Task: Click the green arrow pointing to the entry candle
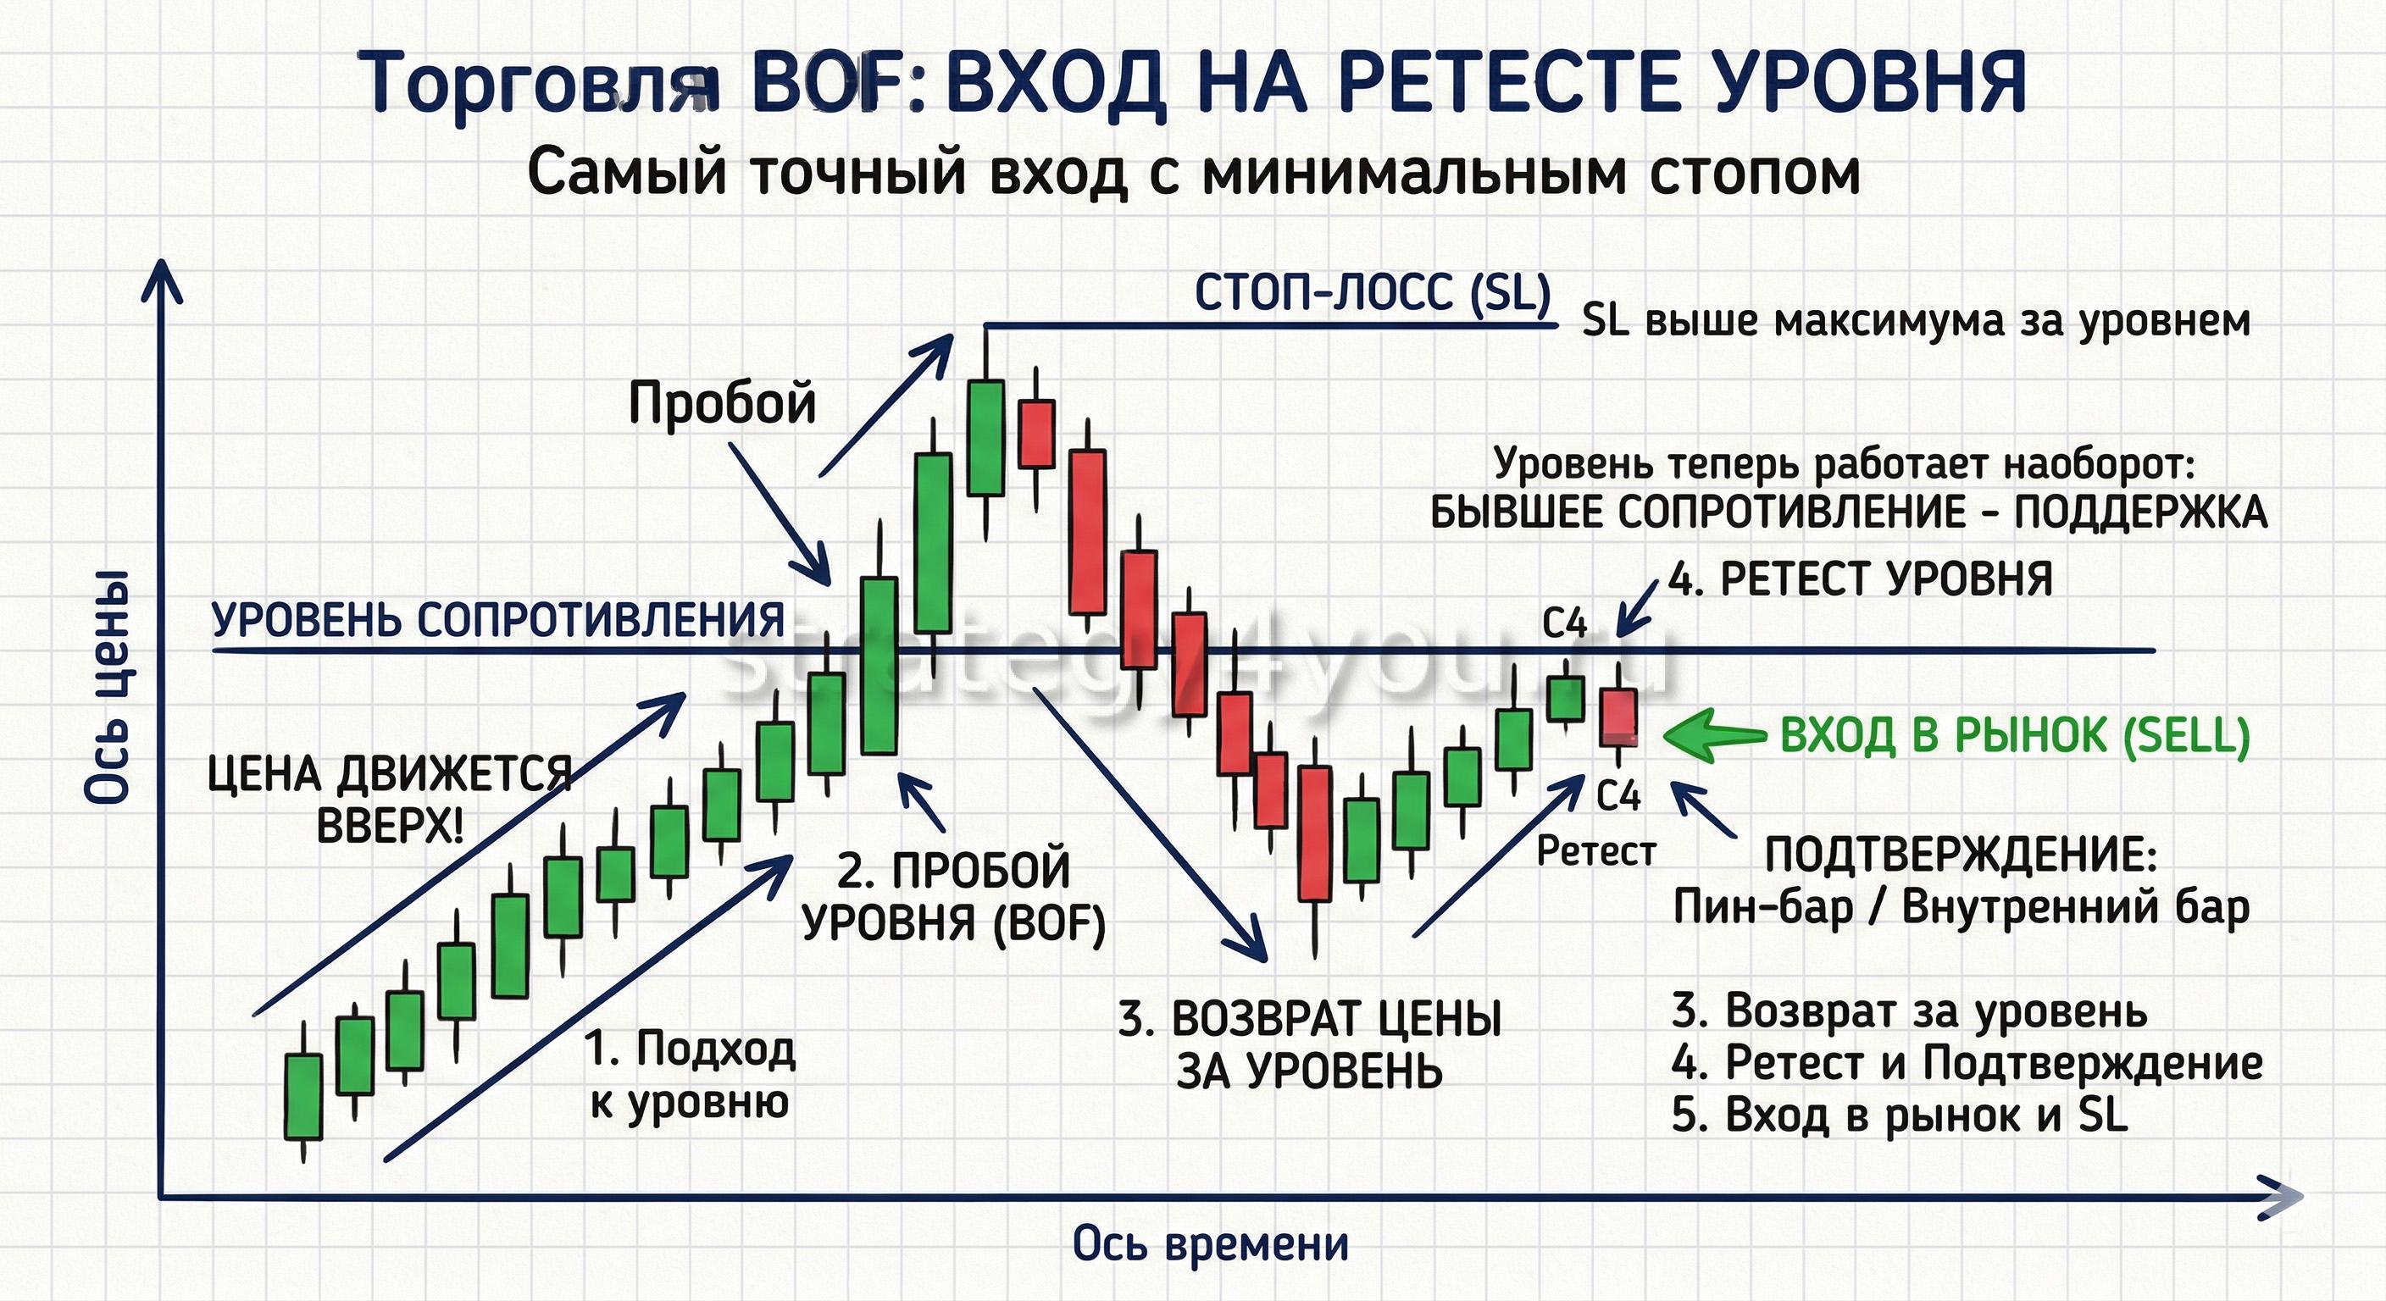1714,735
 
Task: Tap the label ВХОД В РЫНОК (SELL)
2015,737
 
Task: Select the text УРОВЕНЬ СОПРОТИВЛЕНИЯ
498,619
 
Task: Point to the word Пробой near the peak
723,404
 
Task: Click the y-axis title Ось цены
108,686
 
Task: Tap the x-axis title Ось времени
1211,1243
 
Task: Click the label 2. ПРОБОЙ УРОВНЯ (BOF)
954,896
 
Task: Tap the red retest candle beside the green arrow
1619,716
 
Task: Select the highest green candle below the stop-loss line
985,437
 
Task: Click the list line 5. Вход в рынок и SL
1900,1115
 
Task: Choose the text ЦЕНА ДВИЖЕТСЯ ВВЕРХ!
389,799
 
